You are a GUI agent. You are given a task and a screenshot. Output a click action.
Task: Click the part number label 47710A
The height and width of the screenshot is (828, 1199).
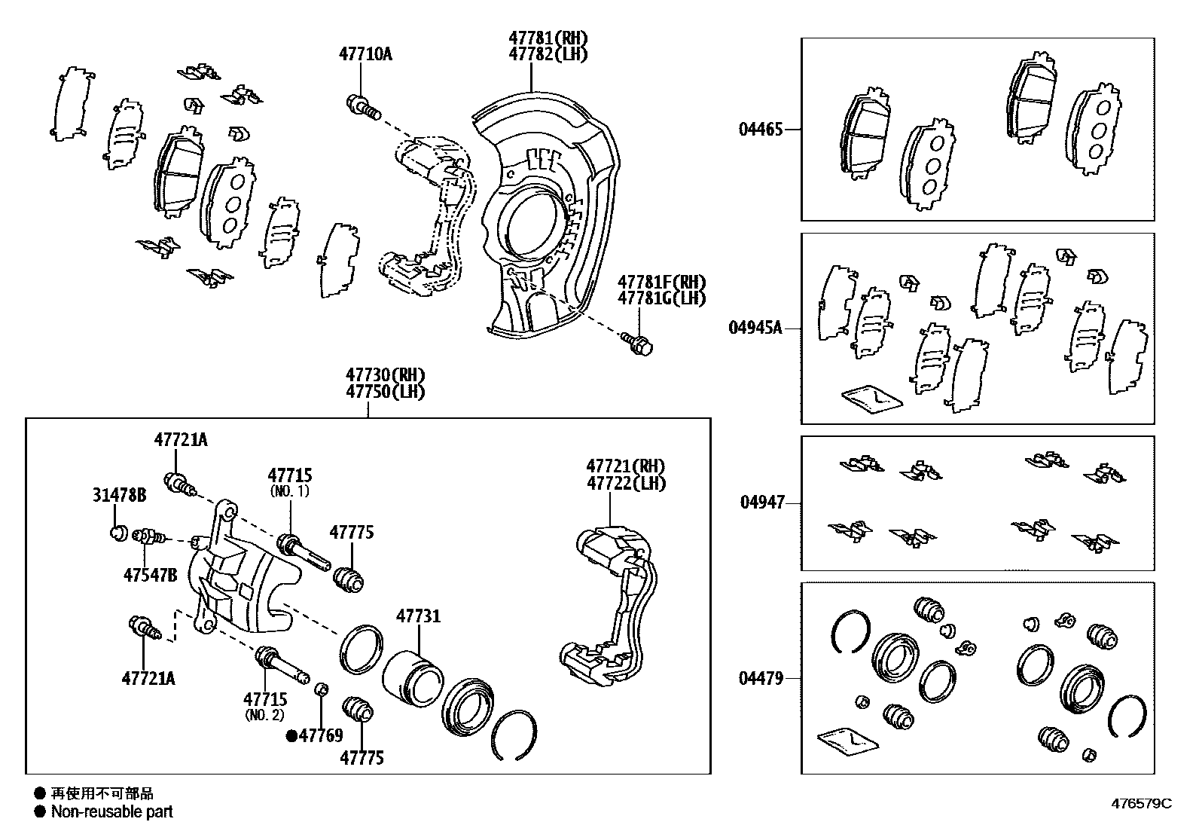click(x=366, y=54)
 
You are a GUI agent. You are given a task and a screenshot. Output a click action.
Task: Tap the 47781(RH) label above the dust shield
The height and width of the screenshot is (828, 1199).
click(x=548, y=38)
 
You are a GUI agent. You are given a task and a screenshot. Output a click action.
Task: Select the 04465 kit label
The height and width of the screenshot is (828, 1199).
click(x=761, y=130)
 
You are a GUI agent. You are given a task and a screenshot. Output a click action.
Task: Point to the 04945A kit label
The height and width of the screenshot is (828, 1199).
click(x=755, y=328)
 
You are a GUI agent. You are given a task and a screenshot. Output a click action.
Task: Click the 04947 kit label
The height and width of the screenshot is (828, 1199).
click(x=762, y=503)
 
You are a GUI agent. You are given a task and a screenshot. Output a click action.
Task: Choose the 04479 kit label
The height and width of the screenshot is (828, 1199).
click(x=761, y=679)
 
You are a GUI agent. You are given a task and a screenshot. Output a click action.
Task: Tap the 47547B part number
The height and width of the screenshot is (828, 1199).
click(x=151, y=576)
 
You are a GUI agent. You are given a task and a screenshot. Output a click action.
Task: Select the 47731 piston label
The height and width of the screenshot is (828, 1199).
click(x=419, y=617)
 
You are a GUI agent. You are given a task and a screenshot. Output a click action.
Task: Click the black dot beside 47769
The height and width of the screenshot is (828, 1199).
click(x=291, y=736)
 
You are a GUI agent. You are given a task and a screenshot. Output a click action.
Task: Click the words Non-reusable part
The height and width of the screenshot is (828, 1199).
click(x=111, y=812)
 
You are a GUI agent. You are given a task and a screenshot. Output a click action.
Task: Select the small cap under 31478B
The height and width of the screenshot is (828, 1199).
click(x=117, y=534)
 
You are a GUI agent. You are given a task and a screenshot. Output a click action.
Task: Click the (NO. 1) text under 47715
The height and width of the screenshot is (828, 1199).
click(x=290, y=491)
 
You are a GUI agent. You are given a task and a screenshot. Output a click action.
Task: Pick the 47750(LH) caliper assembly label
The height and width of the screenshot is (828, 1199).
click(x=386, y=393)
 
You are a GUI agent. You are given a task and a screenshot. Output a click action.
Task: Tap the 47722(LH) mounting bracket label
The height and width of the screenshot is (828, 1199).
click(x=626, y=484)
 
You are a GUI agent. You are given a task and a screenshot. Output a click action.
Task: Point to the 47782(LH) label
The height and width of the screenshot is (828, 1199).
click(x=548, y=54)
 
